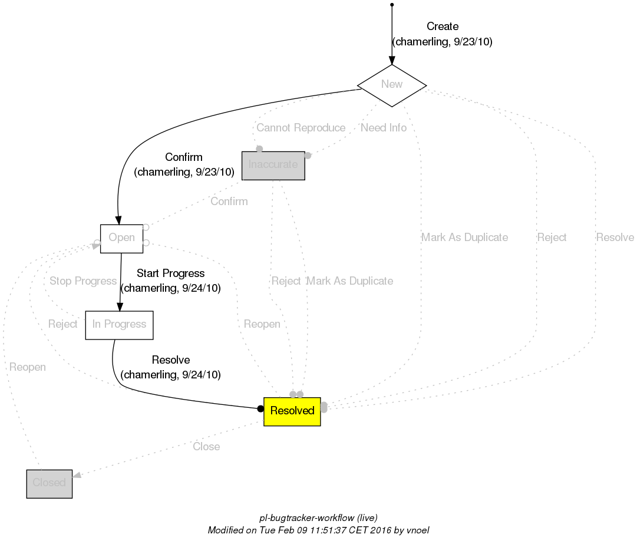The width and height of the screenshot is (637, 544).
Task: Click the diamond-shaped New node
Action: (392, 85)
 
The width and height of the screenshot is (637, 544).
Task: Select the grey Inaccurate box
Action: (273, 165)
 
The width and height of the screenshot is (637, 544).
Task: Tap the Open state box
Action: (121, 238)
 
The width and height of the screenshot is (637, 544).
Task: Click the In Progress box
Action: (119, 325)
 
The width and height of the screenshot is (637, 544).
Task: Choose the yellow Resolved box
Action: (292, 411)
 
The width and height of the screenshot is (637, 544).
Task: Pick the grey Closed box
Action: (49, 483)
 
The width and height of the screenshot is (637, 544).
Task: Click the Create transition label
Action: (442, 27)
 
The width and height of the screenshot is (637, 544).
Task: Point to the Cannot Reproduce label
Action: (301, 128)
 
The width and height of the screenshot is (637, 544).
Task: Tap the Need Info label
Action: (384, 128)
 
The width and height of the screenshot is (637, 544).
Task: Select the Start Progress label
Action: (170, 273)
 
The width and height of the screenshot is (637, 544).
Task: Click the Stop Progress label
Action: (82, 281)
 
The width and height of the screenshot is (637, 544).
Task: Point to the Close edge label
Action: (206, 447)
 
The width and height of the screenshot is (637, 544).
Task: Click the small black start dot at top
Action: (392, 5)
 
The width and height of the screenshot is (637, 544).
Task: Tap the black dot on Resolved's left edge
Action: (260, 408)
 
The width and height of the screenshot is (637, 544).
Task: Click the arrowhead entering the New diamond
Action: (392, 60)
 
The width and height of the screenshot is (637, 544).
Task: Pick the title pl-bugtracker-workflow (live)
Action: (318, 517)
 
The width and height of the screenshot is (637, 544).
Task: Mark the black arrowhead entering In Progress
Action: (120, 306)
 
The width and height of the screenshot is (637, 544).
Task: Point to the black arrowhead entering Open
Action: (118, 220)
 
